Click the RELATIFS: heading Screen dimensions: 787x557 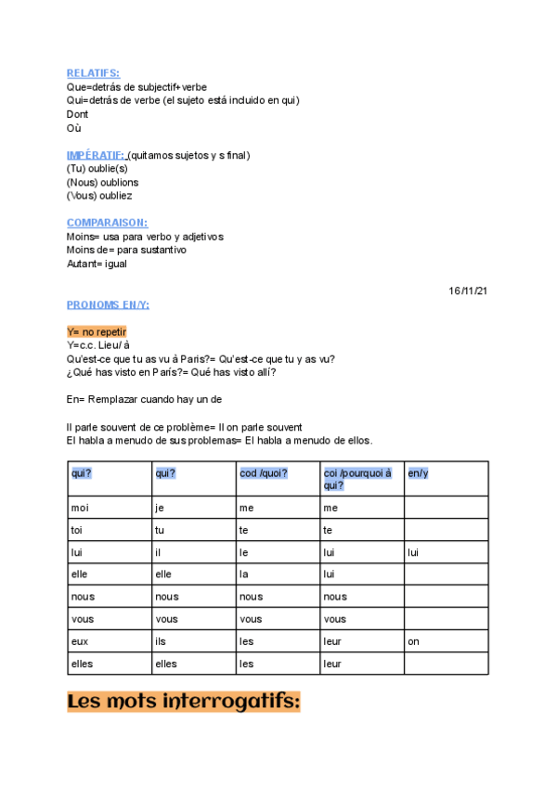point(93,72)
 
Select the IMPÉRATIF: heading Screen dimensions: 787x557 point(96,154)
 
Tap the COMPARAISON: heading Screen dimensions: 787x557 point(107,223)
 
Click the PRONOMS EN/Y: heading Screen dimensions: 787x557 point(108,304)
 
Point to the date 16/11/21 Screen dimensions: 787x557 point(468,290)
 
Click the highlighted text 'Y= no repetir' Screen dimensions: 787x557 point(97,331)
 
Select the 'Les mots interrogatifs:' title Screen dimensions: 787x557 point(184,702)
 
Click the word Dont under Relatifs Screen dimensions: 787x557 point(77,114)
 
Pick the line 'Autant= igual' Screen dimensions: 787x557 point(97,264)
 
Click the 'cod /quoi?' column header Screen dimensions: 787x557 point(264,473)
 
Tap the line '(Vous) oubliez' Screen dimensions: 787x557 point(99,196)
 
